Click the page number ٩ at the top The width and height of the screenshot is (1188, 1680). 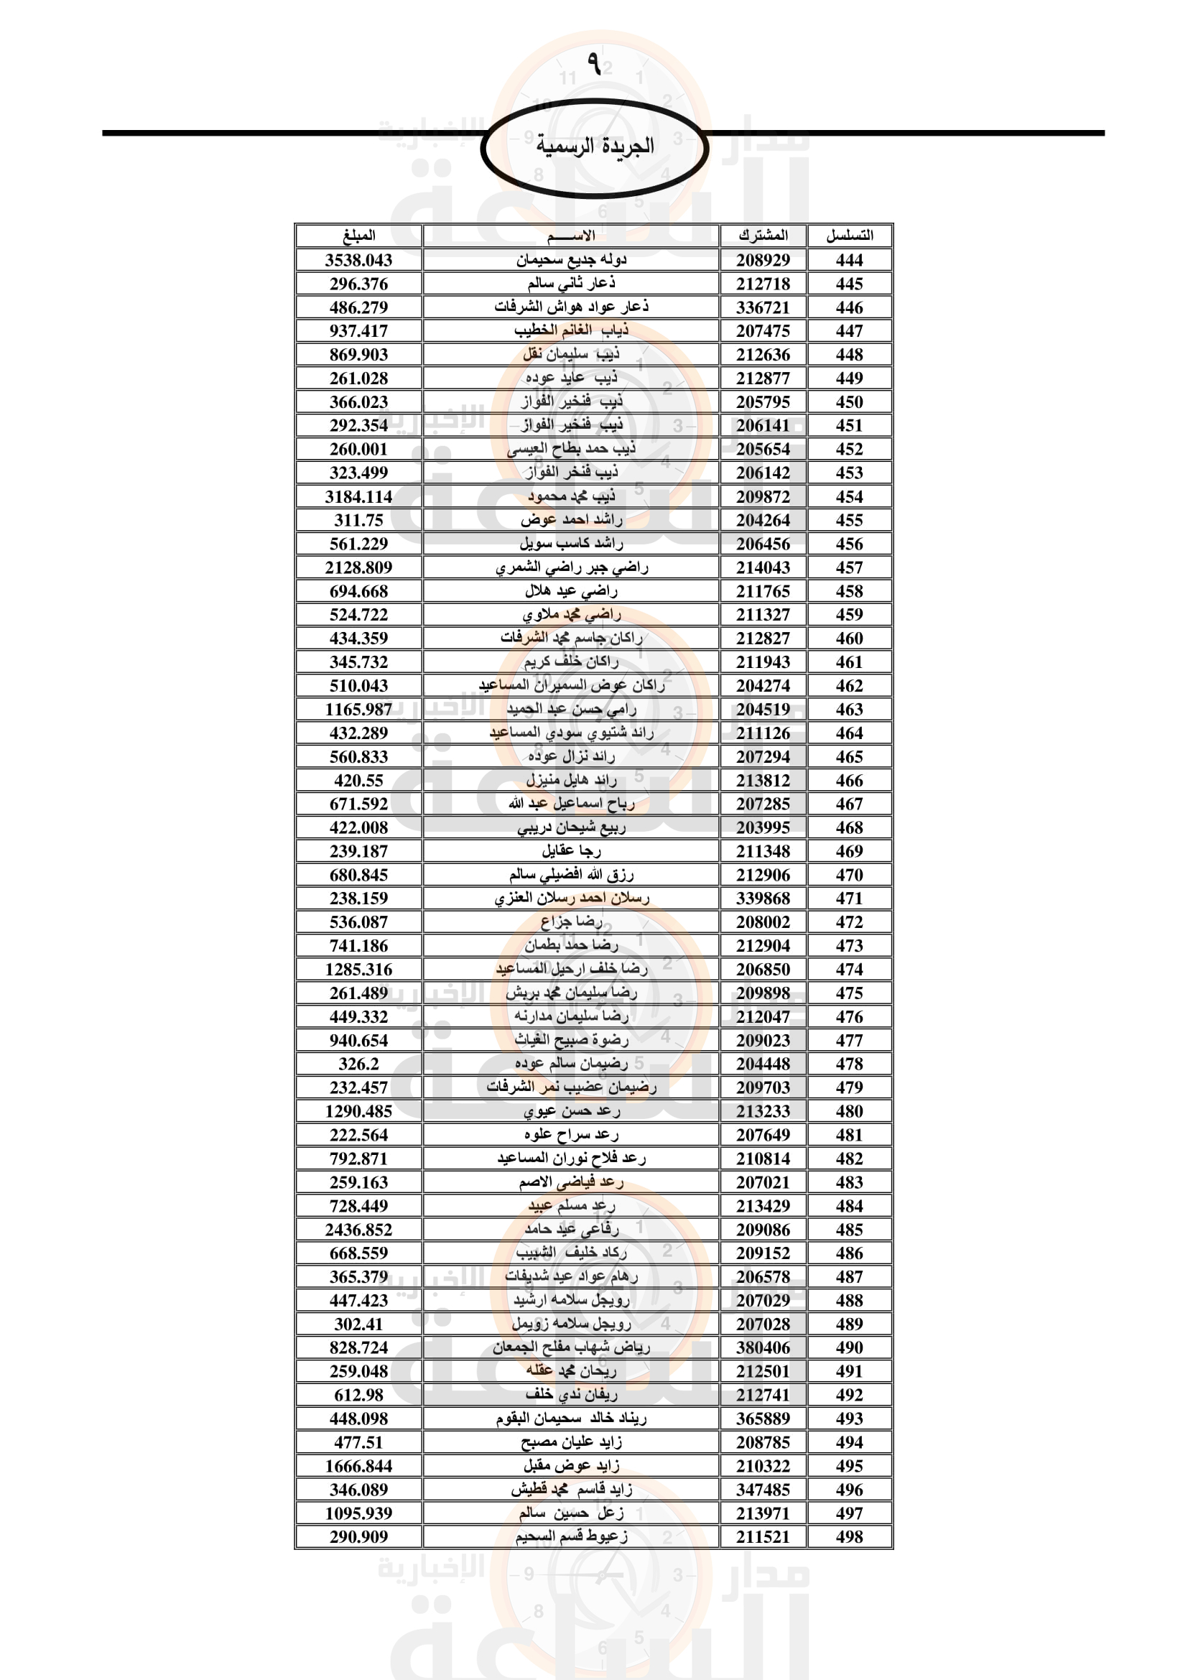[594, 64]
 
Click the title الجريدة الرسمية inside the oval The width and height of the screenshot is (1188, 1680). [594, 146]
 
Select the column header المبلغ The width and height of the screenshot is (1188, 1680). [358, 236]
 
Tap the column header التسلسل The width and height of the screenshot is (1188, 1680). [849, 236]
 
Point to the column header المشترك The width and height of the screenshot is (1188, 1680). [763, 236]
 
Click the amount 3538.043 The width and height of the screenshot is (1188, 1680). [358, 260]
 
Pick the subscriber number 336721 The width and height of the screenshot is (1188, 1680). [763, 307]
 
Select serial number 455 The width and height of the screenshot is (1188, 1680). [849, 520]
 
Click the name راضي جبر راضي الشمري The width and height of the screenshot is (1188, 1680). [571, 567]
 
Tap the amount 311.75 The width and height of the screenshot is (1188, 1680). [358, 520]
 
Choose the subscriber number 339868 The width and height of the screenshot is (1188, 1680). [763, 899]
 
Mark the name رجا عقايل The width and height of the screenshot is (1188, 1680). [571, 851]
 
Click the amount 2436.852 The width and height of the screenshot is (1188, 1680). [358, 1229]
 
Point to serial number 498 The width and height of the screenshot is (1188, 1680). [849, 1536]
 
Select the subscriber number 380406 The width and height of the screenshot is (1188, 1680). [763, 1347]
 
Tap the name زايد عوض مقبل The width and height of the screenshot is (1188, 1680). [571, 1466]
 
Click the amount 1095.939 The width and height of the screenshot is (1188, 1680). [358, 1513]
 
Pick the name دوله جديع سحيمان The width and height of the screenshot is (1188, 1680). [571, 260]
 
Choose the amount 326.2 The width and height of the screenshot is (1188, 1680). [358, 1064]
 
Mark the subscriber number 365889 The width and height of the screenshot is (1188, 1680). [763, 1419]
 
